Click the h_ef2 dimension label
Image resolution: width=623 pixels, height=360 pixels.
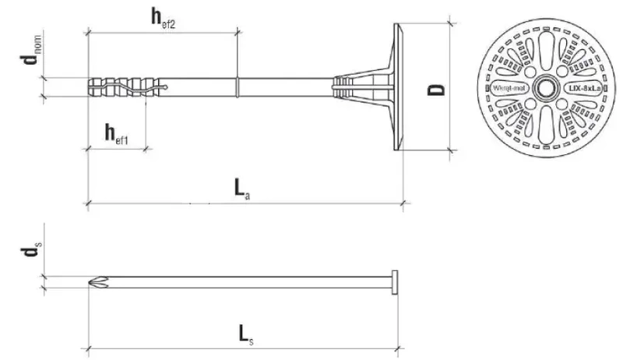pyautogui.click(x=163, y=19)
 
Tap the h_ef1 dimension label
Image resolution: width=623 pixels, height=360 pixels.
pyautogui.click(x=117, y=133)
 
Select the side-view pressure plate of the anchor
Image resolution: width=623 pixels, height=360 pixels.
pyautogui.click(x=398, y=86)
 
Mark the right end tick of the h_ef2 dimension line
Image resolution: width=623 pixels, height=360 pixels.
pyautogui.click(x=237, y=32)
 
